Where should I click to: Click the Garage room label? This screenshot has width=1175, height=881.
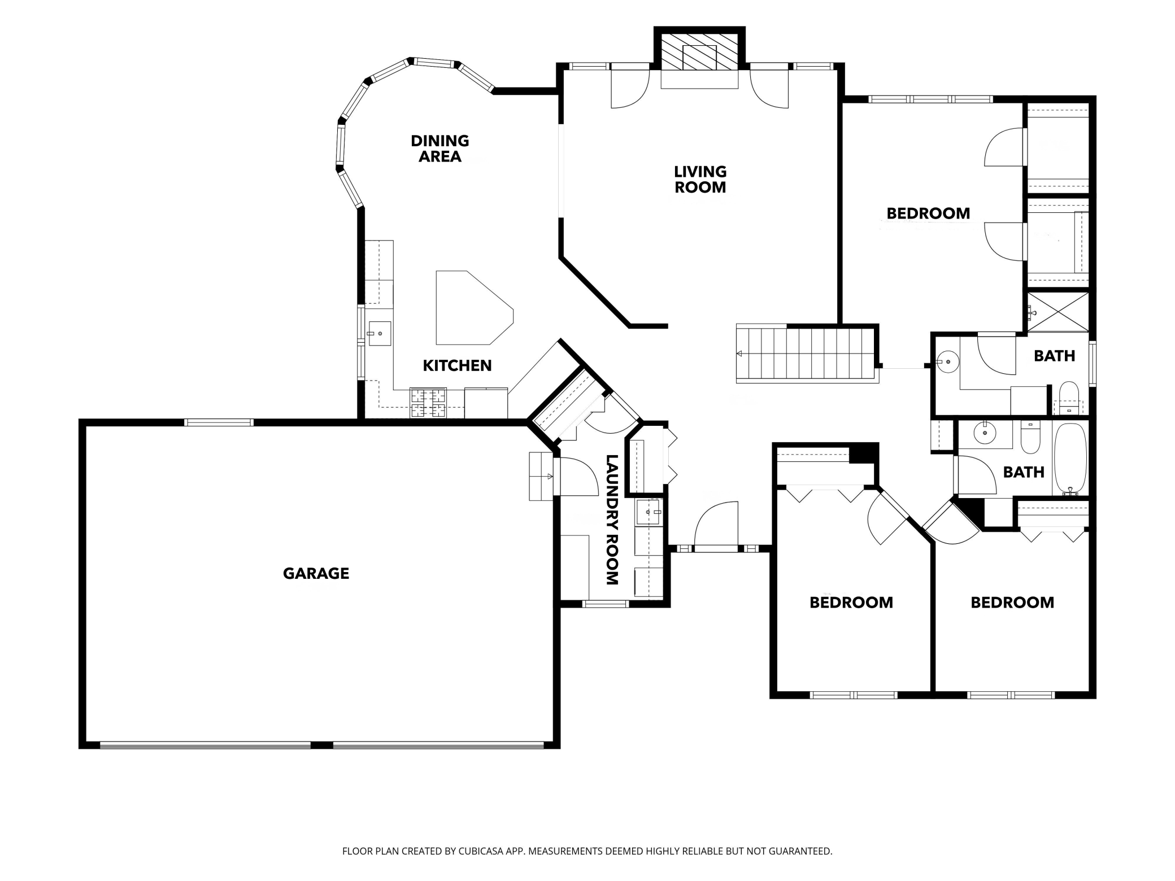pos(316,574)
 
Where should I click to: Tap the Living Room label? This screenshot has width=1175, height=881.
pos(700,180)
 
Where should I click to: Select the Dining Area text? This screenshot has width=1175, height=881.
pos(440,149)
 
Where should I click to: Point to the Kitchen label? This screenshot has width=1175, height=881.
pos(457,365)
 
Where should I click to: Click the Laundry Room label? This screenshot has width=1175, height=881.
pos(612,520)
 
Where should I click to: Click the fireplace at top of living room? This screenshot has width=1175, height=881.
pos(699,58)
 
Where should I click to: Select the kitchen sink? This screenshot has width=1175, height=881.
pos(379,333)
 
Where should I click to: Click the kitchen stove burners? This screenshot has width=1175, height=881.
pos(428,403)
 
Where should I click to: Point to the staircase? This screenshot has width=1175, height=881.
pos(807,354)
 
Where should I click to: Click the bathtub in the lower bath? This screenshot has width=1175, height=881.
pos(1070,459)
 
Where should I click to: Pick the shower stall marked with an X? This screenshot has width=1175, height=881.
pos(1057,312)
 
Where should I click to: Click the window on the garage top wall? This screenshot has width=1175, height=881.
pos(219,422)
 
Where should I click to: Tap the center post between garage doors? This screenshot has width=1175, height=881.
pos(321,745)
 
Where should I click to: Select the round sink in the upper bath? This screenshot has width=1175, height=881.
pos(948,361)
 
